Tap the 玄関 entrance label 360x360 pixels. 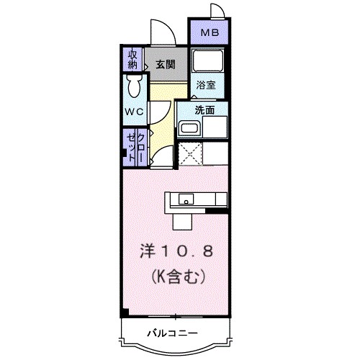tap(166, 64)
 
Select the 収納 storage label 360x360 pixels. tap(133, 59)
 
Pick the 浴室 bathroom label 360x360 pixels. tap(206, 84)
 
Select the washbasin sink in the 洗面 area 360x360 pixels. tap(189, 129)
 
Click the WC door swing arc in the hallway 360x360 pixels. tap(160, 109)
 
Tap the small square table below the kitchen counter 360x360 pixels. tap(183, 218)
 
